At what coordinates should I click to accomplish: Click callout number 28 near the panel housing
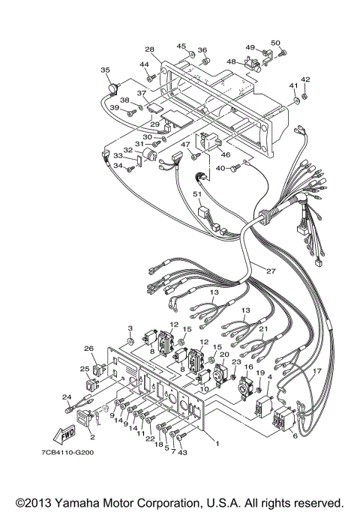click(150, 49)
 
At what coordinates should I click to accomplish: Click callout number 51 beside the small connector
click(198, 193)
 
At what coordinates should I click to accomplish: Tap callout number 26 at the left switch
click(89, 349)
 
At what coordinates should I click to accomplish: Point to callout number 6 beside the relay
click(294, 436)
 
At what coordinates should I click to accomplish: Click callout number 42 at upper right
click(305, 79)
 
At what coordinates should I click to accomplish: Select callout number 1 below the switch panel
click(217, 443)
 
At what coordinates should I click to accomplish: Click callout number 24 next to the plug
click(66, 397)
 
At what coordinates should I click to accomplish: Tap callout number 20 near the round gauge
click(224, 354)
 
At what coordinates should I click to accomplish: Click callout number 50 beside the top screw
click(275, 43)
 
